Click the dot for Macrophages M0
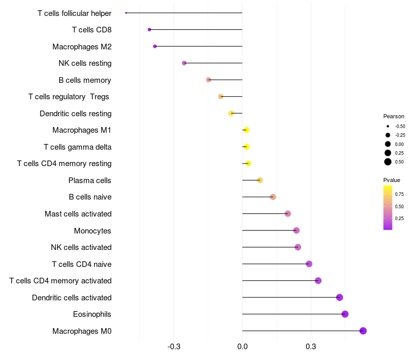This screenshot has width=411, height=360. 363,331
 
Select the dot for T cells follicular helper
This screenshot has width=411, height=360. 126,13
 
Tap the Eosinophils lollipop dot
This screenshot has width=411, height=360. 345,314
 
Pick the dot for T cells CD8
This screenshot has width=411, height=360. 150,30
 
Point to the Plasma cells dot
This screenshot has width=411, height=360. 260,180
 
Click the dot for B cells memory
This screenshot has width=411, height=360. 209,80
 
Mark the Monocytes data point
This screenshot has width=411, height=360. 296,230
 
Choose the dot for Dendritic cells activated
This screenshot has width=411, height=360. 340,297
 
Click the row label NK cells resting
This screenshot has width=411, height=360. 85,63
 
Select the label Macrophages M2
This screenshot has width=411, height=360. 82,47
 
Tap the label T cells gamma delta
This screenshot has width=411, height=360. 78,147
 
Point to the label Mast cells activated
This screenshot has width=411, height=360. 78,214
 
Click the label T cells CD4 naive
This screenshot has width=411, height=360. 82,264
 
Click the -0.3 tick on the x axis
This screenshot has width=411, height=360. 174,347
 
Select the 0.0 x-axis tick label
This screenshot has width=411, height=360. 242,347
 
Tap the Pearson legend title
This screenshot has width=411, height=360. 394,116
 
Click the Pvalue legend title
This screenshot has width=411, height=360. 391,180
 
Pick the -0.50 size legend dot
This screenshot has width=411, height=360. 388,127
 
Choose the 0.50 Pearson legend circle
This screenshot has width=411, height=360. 388,161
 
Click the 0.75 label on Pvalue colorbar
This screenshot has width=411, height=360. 399,194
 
